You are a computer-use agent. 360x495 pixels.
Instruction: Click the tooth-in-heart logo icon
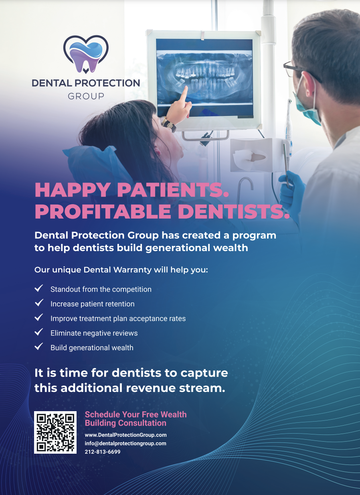pos(86,55)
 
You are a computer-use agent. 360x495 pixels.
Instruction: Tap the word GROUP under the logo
pos(86,96)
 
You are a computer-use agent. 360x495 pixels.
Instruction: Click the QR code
pos(55,432)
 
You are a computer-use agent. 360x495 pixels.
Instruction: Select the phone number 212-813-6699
pos(103,452)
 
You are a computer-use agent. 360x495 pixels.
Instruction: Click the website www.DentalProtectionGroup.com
pos(125,435)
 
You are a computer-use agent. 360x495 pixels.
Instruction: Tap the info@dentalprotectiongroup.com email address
pos(125,443)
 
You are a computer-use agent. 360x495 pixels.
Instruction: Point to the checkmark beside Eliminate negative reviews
pos(38,332)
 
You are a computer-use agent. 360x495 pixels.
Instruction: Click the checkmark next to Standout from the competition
pos(38,288)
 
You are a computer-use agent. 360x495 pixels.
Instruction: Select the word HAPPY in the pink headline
pos(73,190)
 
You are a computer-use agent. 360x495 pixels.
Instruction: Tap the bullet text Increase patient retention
pos(92,304)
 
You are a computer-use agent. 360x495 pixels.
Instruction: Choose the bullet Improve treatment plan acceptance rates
pos(118,319)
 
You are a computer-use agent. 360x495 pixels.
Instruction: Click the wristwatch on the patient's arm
pos(168,124)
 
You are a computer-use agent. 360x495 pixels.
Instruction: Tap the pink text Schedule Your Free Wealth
pos(136,414)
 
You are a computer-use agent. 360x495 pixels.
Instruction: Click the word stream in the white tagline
pos(202,388)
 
